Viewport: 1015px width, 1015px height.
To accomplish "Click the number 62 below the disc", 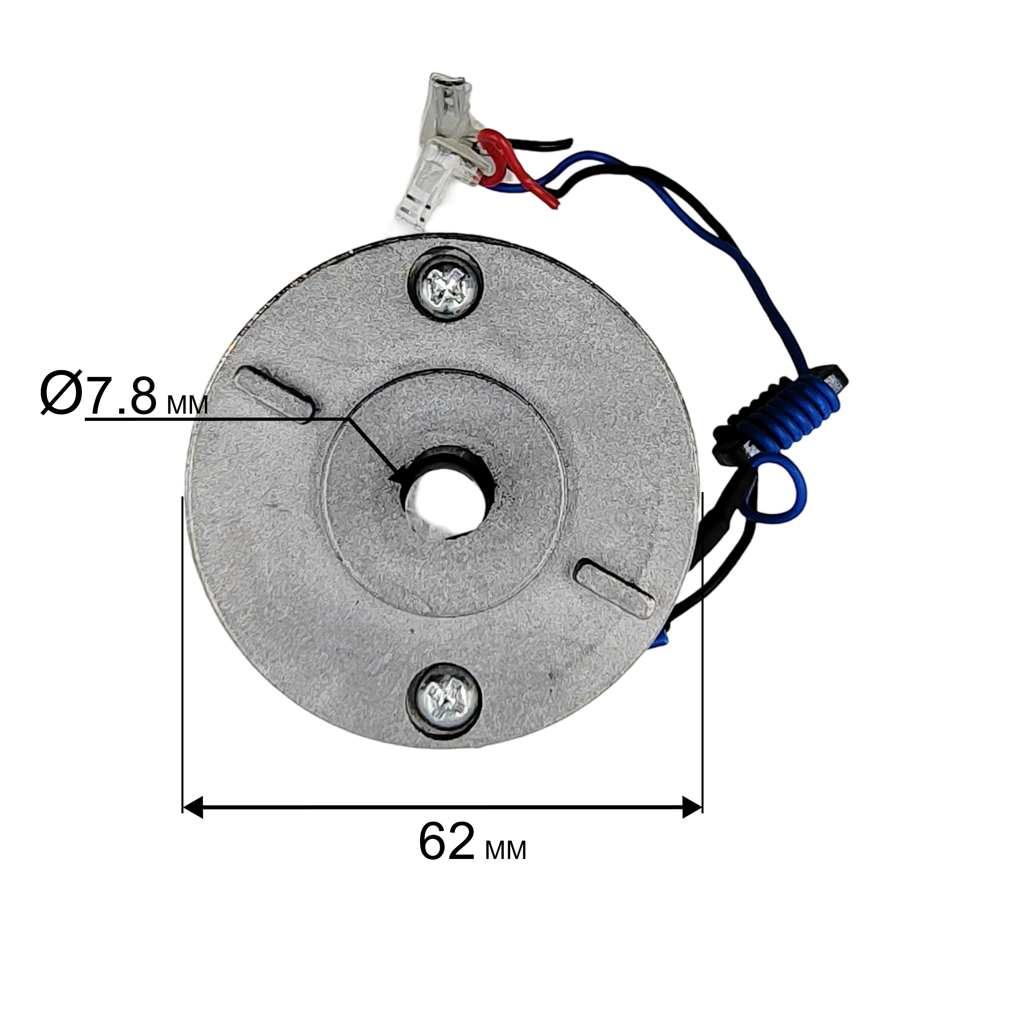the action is [x=446, y=856].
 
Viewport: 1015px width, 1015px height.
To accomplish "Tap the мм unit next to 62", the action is [x=505, y=864].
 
